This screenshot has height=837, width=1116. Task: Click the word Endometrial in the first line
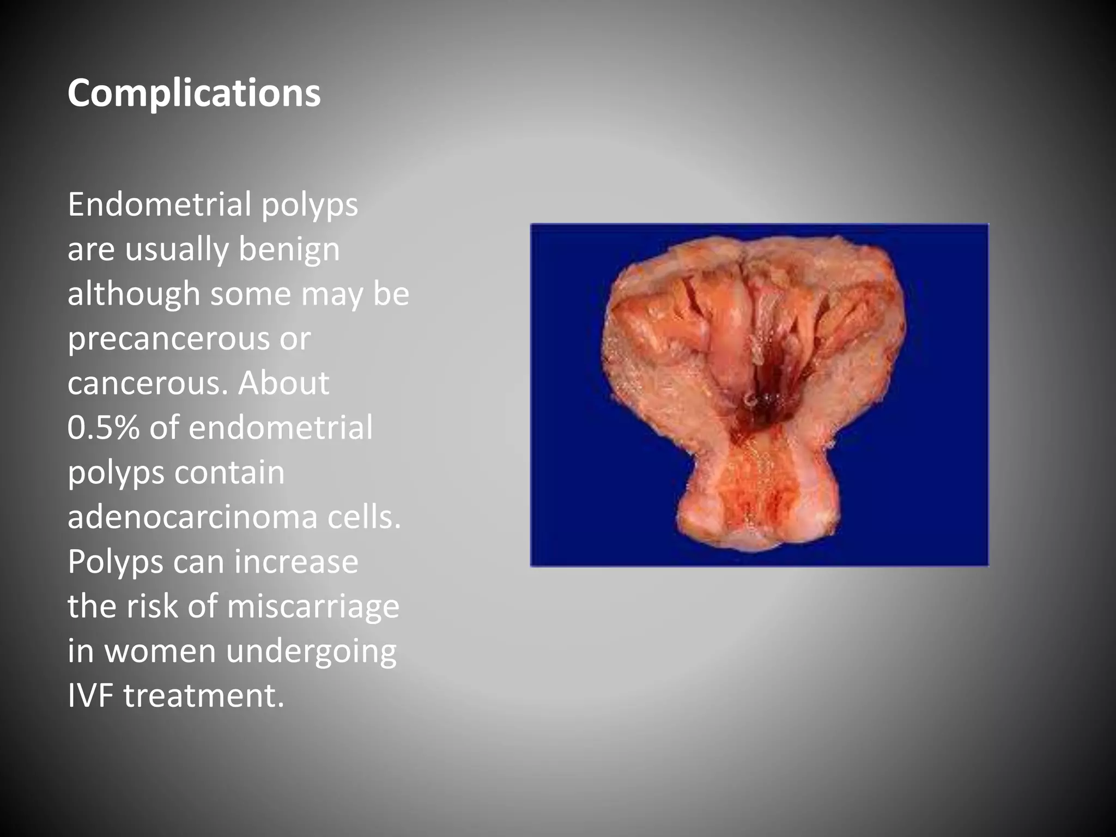click(160, 205)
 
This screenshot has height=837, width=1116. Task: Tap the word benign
click(289, 250)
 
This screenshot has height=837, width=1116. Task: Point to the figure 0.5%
click(104, 427)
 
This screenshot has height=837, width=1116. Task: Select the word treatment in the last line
click(204, 695)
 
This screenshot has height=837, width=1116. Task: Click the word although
click(134, 294)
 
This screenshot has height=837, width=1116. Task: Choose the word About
click(283, 383)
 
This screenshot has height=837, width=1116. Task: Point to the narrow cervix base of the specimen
click(757, 501)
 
